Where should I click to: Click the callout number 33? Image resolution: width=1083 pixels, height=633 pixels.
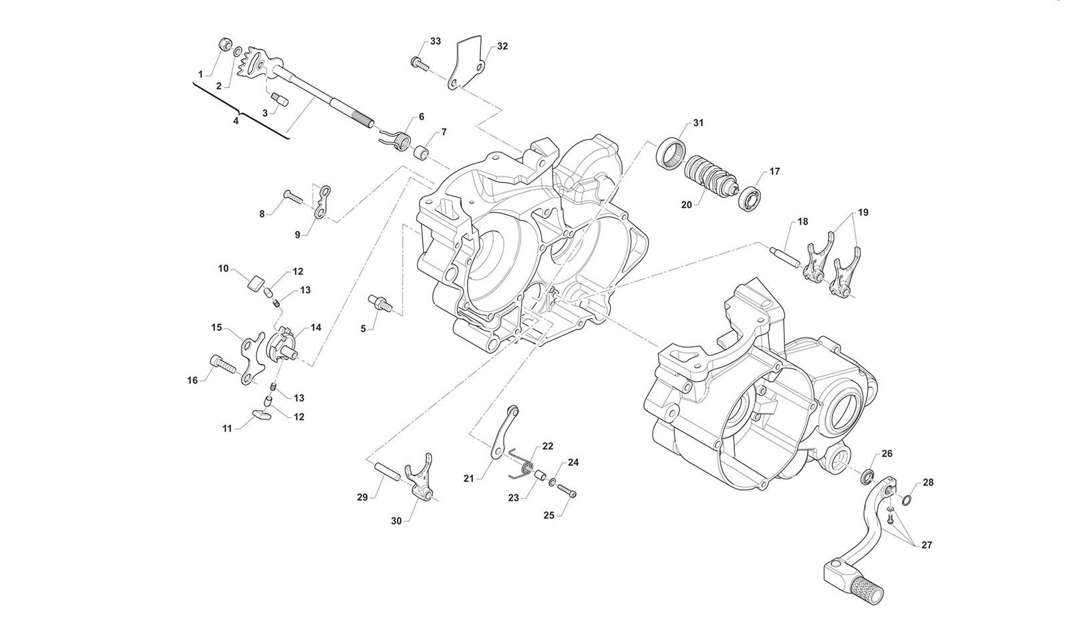(436, 41)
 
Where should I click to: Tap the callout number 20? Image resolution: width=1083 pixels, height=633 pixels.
(686, 205)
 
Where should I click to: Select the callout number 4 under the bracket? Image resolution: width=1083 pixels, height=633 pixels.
(235, 121)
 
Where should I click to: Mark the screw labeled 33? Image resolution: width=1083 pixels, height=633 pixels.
(418, 63)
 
